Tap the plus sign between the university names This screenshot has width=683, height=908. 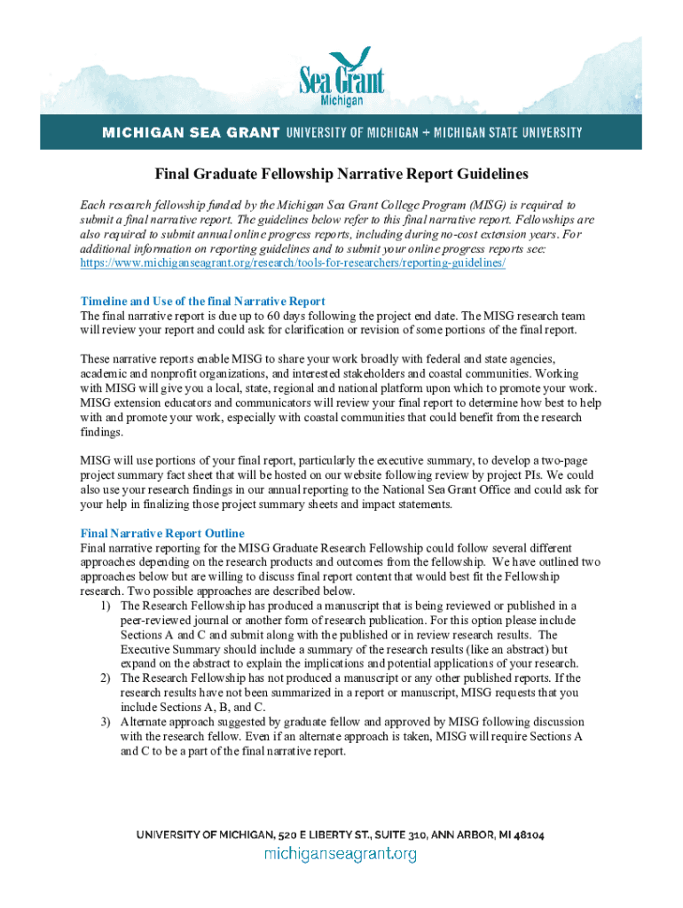(425, 133)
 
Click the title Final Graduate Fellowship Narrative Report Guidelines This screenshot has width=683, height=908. (341, 174)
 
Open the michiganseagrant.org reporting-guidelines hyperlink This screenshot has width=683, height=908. (293, 264)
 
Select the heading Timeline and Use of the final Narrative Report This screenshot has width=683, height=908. (203, 301)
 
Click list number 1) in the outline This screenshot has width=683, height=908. (106, 606)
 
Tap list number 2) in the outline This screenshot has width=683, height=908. (106, 677)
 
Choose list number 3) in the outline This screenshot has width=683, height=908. (106, 721)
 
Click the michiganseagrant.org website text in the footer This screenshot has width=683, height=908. (341, 855)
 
